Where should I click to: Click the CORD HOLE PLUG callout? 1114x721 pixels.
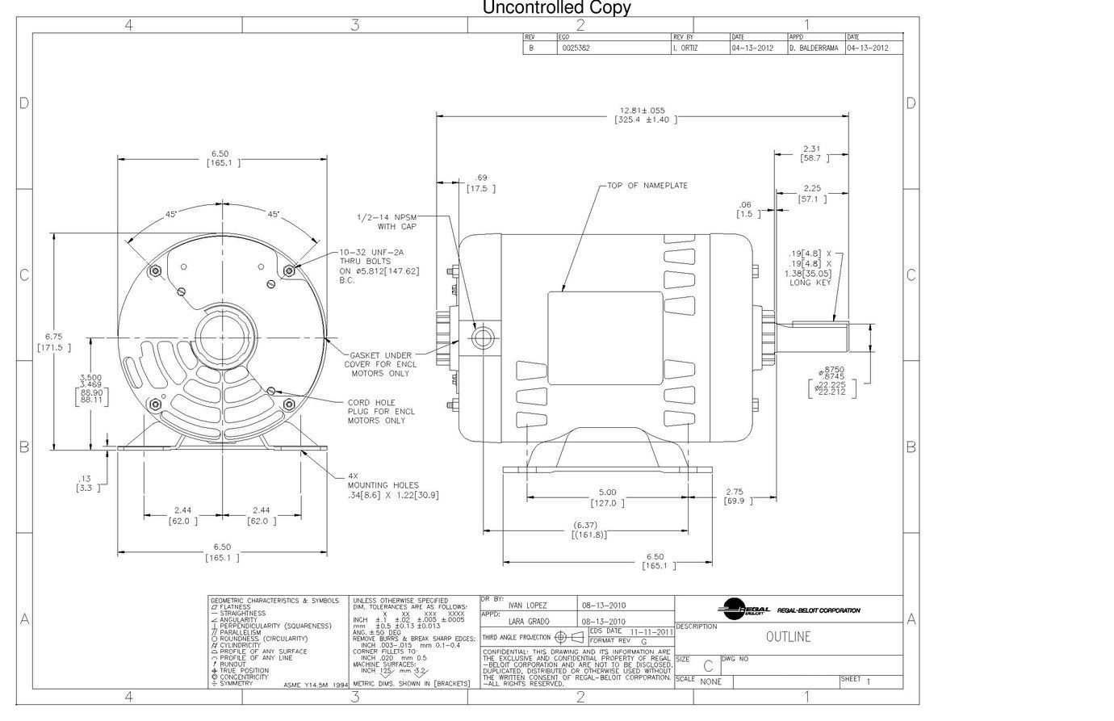pyautogui.click(x=381, y=411)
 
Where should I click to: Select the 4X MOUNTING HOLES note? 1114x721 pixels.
pyautogui.click(x=392, y=486)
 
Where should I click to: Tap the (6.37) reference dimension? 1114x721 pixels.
pyautogui.click(x=590, y=530)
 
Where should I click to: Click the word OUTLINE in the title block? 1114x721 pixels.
pyautogui.click(x=788, y=637)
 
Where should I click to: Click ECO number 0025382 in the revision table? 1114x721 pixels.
pyautogui.click(x=576, y=48)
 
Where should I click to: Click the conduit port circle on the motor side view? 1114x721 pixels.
pyautogui.click(x=482, y=337)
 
